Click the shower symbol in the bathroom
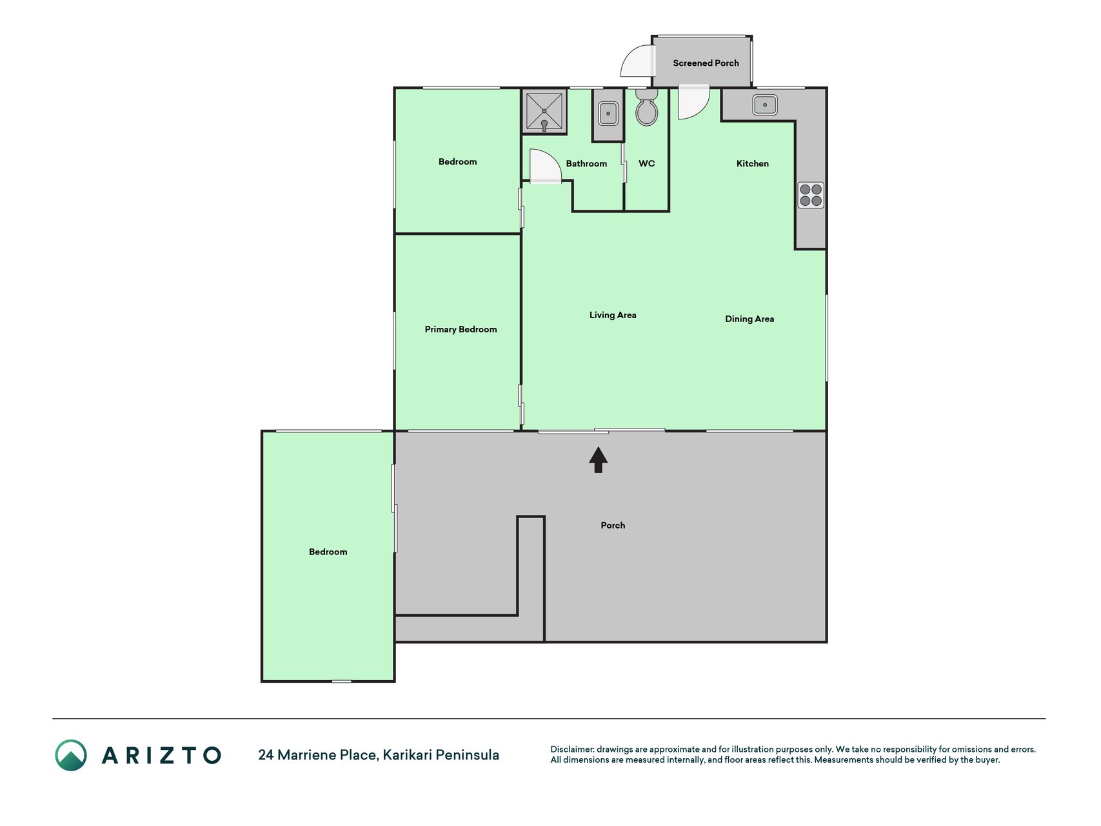[544, 111]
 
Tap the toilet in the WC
[646, 106]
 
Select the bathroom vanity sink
[608, 114]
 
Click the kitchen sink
[765, 105]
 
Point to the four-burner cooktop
[811, 195]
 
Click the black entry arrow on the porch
[598, 460]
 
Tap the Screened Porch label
[706, 63]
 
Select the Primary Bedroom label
[461, 330]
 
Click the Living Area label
[613, 315]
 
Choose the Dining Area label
[749, 319]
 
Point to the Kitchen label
[753, 164]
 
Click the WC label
[647, 164]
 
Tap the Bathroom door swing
[545, 166]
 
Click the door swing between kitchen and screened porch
[694, 103]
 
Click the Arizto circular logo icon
[71, 755]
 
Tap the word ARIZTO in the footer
[161, 755]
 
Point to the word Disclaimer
[572, 749]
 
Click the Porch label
[613, 525]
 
